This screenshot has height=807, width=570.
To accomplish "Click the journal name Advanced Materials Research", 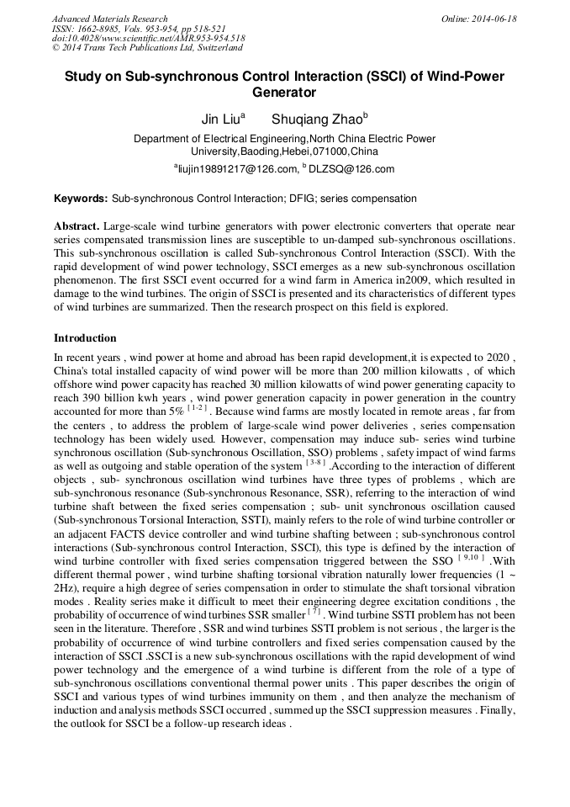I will pyautogui.click(x=109, y=19).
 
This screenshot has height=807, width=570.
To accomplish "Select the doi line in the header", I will pyautogui.click(x=148, y=38).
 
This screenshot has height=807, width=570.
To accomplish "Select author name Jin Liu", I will pyautogui.click(x=220, y=119).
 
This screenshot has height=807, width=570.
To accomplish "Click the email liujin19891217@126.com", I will pyautogui.click(x=237, y=169).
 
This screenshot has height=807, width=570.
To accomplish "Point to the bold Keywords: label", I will pyautogui.click(x=81, y=199).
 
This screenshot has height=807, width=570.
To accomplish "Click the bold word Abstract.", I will pyautogui.click(x=77, y=227).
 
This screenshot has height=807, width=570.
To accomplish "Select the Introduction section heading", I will pyautogui.click(x=85, y=338).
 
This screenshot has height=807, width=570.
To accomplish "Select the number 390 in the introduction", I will pyautogui.click(x=98, y=398).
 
